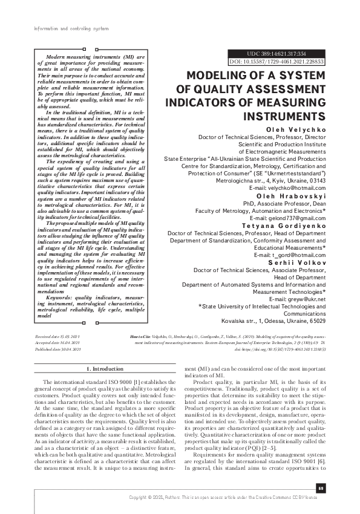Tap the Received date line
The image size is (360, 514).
pos(56,334)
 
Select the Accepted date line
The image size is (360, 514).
pos(56,342)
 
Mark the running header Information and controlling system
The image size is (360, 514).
pos(58,28)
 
